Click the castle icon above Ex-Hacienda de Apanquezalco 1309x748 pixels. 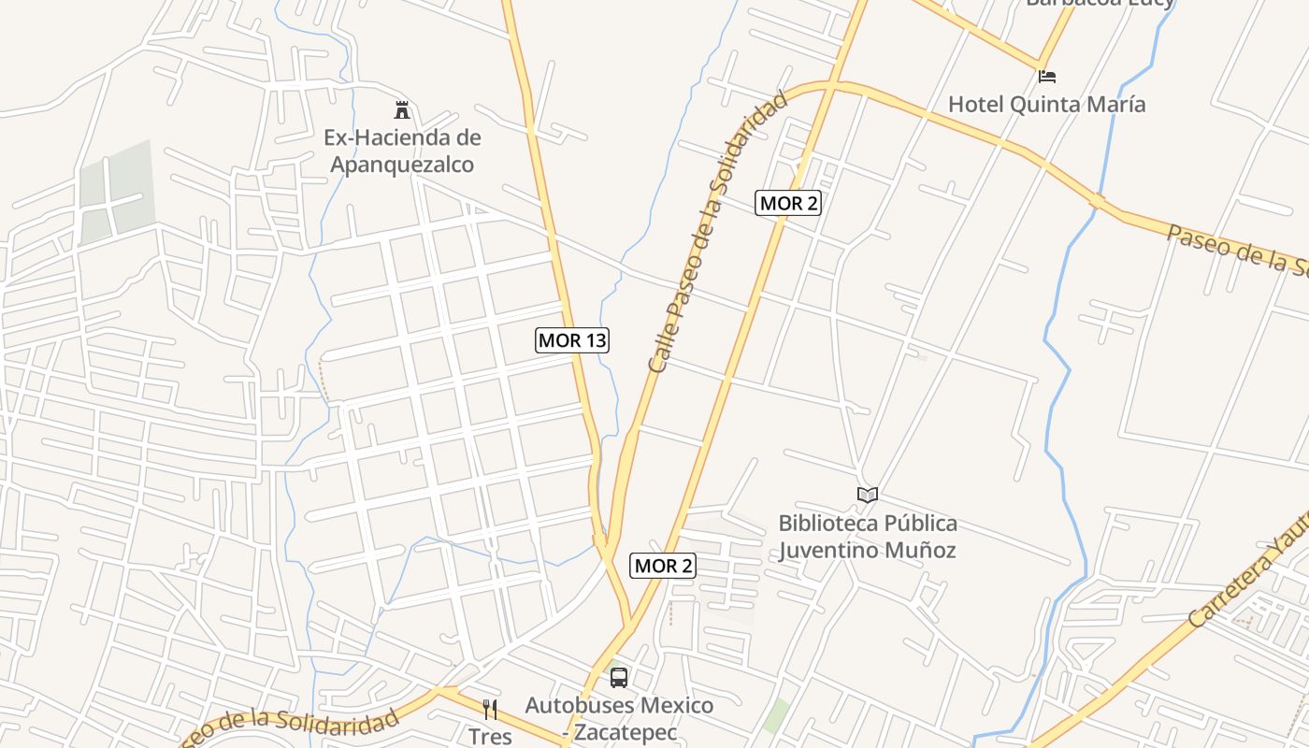point(402,110)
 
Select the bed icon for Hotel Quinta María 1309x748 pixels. point(1047,76)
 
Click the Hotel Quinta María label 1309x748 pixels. point(1046,104)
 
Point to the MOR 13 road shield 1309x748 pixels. point(572,340)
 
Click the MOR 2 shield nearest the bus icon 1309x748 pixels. point(664,566)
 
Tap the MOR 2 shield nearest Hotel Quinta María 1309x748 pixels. point(788,203)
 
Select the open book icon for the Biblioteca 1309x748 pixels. point(868,495)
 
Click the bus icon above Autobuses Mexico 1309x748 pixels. point(618,678)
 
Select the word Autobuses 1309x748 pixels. point(573,705)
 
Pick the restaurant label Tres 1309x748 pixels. point(490,737)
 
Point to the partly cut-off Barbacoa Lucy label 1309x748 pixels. point(1100,3)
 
